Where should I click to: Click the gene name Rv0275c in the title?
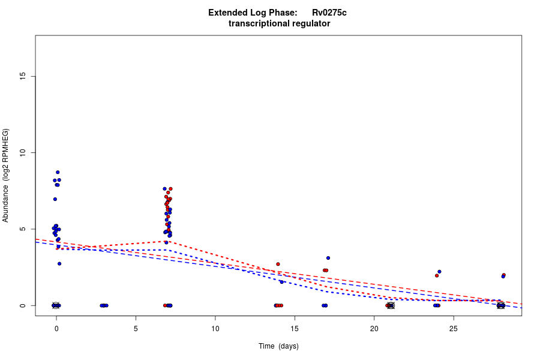(329, 13)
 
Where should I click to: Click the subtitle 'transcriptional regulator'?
(279, 23)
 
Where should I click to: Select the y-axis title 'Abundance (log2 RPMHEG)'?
(6, 175)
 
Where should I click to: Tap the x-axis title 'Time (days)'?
(278, 346)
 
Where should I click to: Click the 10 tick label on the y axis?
(23, 152)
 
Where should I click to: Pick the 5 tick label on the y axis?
(23, 229)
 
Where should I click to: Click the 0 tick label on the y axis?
(23, 305)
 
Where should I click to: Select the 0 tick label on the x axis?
(56, 329)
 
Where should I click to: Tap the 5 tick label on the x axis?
(136, 329)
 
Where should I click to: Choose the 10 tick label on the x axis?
(215, 329)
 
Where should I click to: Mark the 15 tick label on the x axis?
(295, 329)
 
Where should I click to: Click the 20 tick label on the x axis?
(374, 329)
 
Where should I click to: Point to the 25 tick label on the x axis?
(453, 329)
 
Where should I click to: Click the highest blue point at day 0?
(58, 172)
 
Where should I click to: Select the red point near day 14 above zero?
(278, 264)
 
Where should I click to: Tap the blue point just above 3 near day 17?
(328, 258)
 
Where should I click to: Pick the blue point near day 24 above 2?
(439, 272)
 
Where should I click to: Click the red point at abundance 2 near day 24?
(437, 275)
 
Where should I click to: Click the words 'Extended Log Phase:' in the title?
(253, 13)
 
